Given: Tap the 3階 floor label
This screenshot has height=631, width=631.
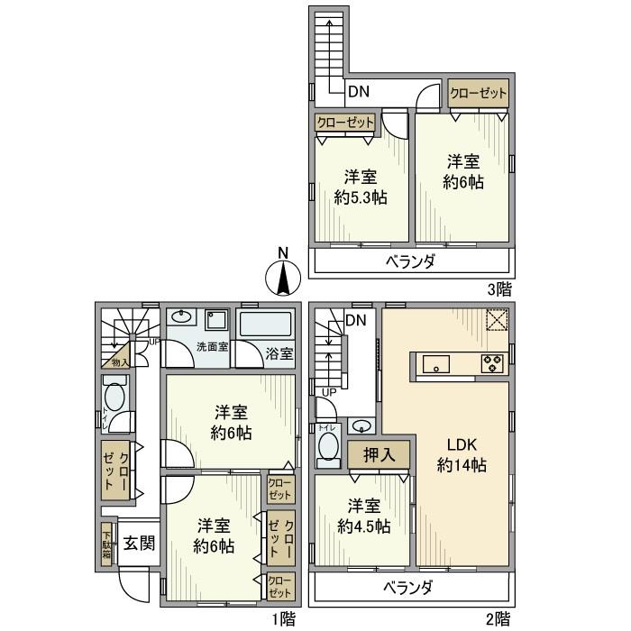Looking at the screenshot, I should [498, 289].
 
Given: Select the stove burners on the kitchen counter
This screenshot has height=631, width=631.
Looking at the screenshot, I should [493, 365].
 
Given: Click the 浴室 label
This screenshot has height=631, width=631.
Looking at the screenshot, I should [279, 354].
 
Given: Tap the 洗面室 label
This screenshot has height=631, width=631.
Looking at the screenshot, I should [212, 347].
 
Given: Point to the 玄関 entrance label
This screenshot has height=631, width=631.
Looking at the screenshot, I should [139, 543].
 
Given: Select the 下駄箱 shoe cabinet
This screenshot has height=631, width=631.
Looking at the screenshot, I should [106, 544].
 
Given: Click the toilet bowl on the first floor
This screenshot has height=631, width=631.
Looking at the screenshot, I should [114, 397].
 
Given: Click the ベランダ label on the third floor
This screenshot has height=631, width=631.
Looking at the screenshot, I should [411, 262].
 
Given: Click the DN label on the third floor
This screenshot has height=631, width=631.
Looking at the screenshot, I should [359, 92].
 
